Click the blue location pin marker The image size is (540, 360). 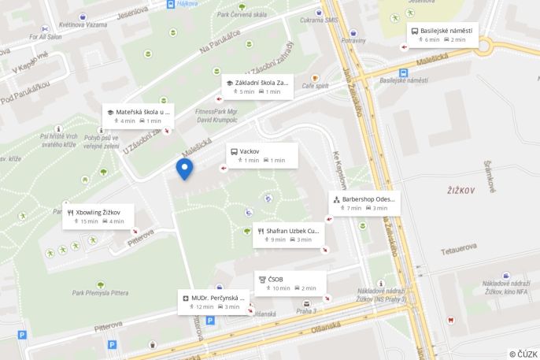click(184, 168)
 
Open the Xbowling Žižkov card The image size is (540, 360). click(98, 217)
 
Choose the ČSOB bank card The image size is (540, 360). click(289, 284)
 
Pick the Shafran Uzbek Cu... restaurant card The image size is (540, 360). click(288, 235)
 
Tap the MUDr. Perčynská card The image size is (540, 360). click(213, 302)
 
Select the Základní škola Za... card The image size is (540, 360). click(257, 87)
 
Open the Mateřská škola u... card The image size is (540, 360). click(138, 116)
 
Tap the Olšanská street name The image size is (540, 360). click(327, 326)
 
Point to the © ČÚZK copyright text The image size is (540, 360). click(523, 354)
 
